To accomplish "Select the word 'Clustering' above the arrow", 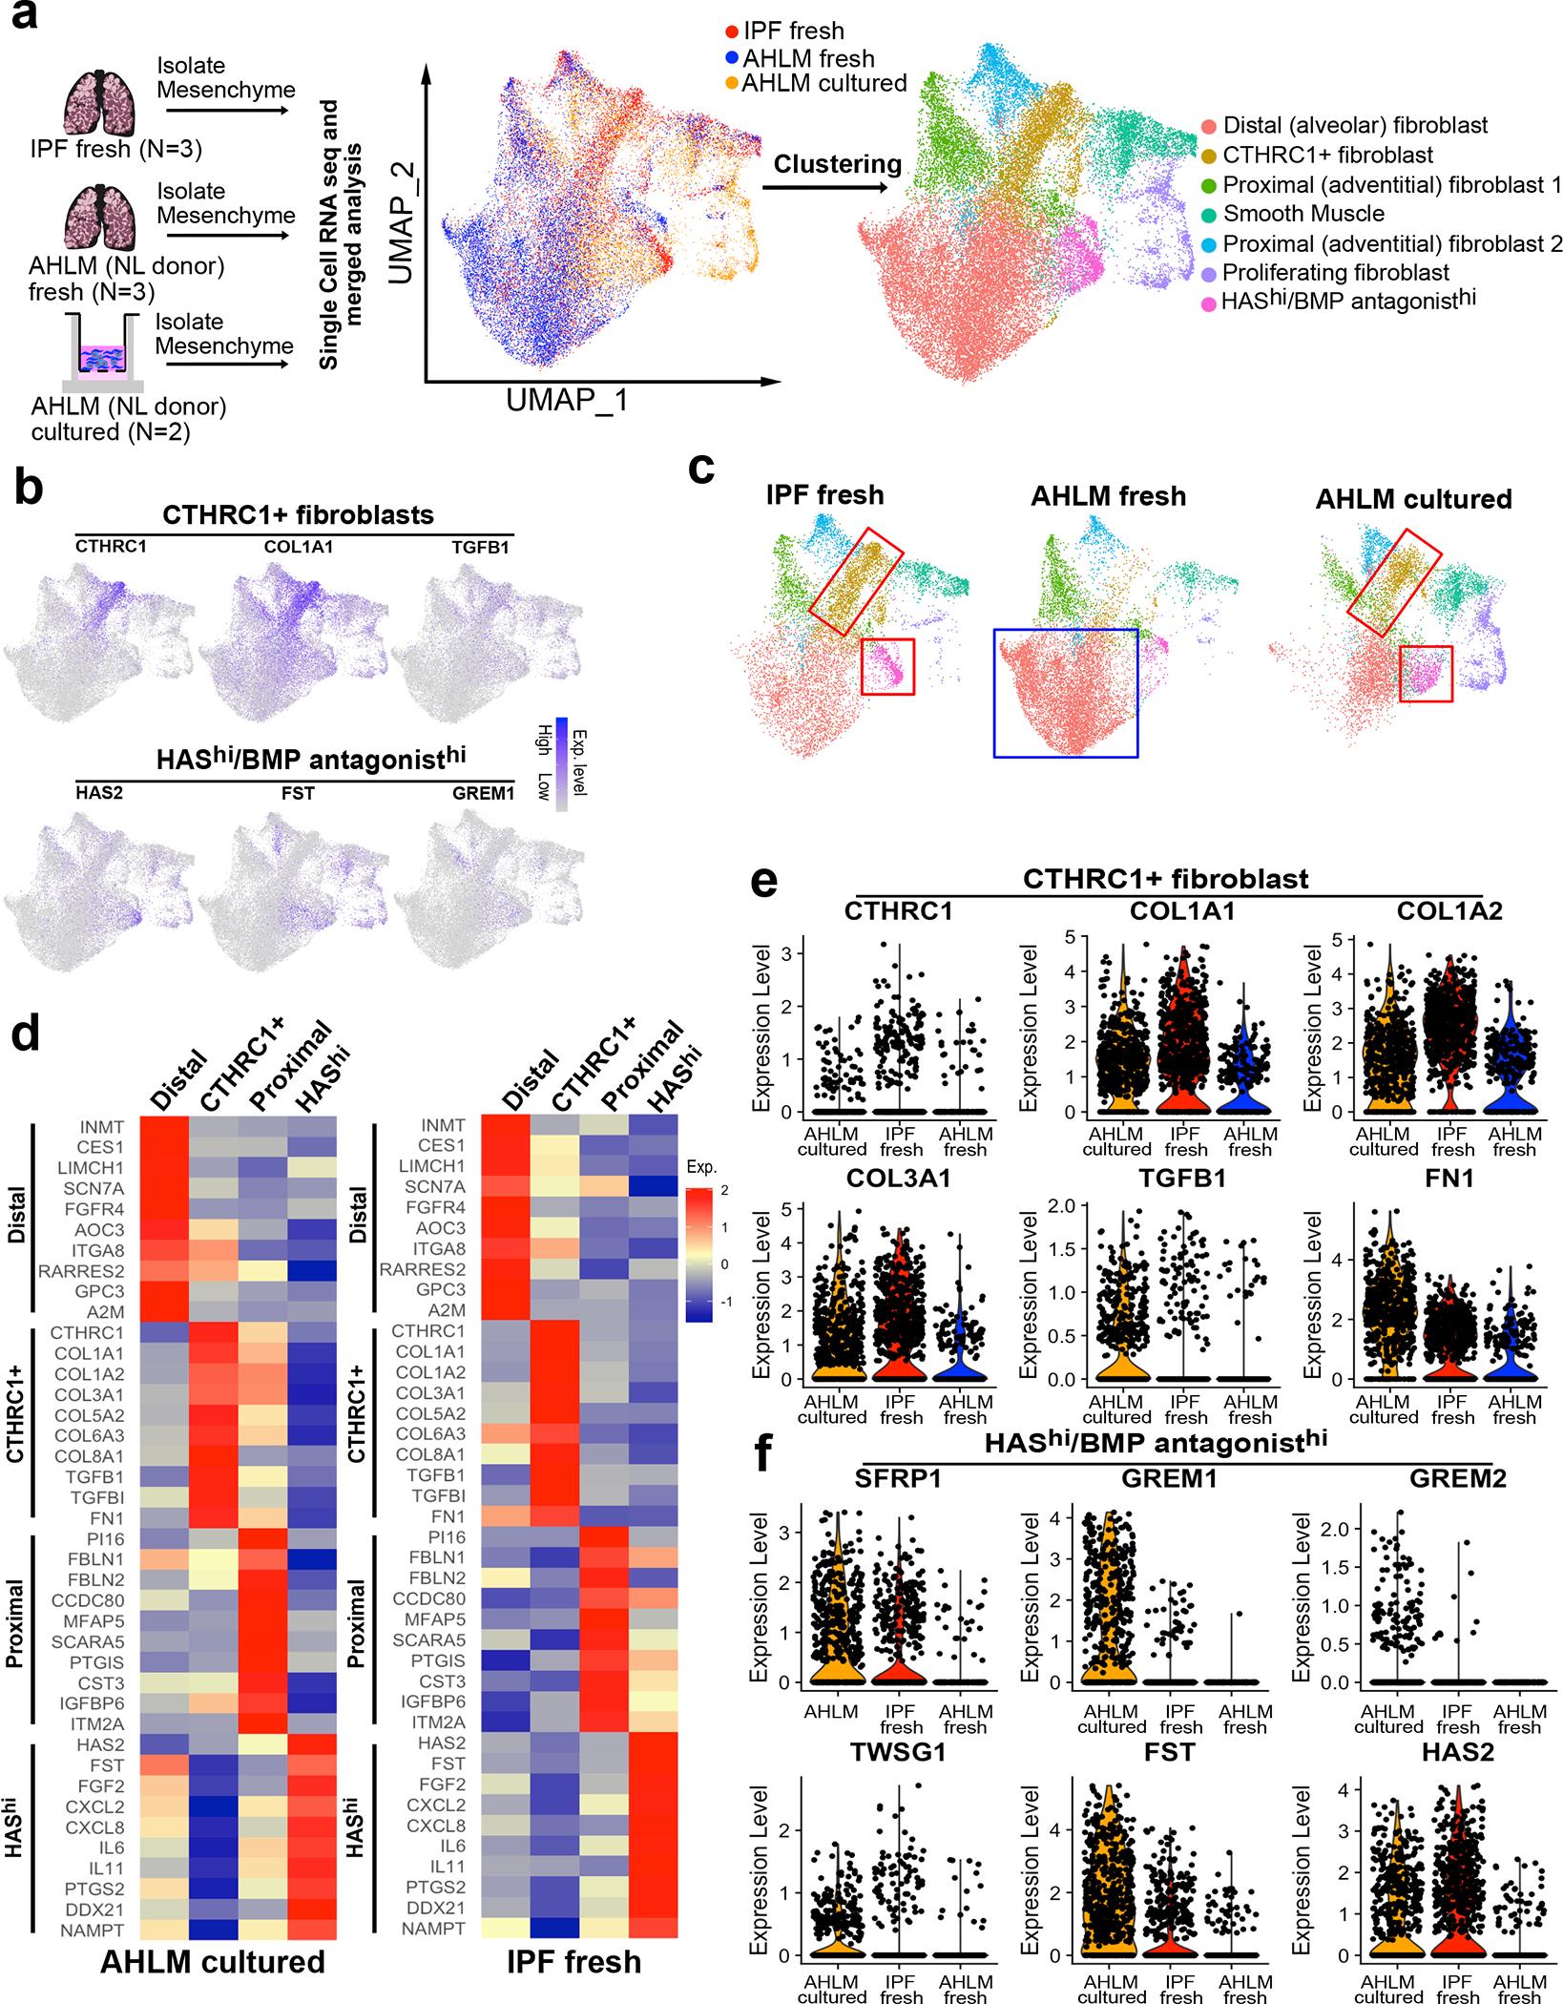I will click(837, 164).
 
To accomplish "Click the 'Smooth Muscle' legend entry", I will click(1303, 214).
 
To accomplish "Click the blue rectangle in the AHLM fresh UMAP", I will click(1065, 693).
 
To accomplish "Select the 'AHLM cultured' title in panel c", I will click(1414, 498).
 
